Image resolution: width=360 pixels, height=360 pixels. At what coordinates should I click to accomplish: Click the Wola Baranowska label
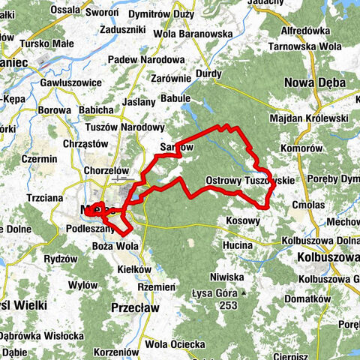coord(193,34)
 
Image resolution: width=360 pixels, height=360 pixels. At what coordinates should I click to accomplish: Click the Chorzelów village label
coord(107,170)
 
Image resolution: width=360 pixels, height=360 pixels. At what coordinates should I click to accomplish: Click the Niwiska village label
coord(227,275)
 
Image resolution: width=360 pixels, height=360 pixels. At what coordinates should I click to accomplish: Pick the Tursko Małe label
coord(47,44)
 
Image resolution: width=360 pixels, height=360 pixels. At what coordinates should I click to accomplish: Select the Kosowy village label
coord(242,222)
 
